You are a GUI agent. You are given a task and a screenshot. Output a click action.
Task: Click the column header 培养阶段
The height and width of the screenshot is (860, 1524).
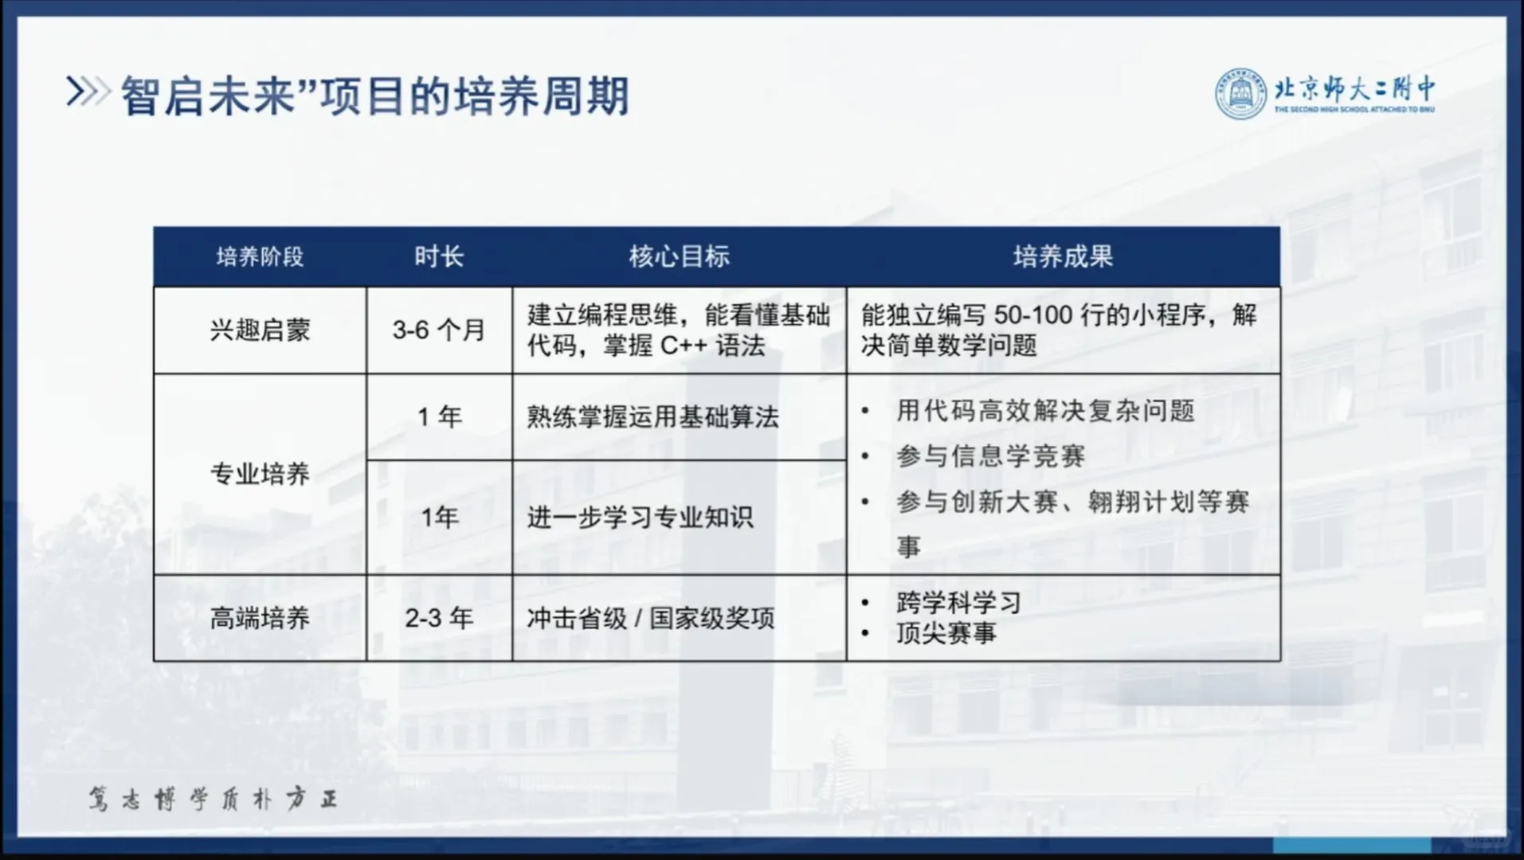[x=260, y=256]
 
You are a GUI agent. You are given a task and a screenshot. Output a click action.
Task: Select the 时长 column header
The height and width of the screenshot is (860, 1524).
[x=439, y=256]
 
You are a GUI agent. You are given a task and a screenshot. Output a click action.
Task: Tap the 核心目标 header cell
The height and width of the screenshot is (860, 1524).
[x=680, y=256]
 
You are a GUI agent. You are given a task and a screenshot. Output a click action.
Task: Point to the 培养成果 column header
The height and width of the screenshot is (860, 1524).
[x=1064, y=256]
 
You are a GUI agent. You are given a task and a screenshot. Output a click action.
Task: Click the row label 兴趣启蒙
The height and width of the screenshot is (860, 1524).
[x=260, y=330]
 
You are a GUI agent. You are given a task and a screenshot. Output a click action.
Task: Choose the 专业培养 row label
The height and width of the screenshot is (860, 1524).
[x=260, y=475]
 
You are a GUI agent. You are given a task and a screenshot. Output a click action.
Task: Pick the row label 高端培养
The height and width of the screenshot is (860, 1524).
[x=260, y=618]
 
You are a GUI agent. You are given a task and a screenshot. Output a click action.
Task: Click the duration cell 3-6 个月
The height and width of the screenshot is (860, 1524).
[x=439, y=330]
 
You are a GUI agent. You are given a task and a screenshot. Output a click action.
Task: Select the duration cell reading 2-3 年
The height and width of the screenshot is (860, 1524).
[x=439, y=618]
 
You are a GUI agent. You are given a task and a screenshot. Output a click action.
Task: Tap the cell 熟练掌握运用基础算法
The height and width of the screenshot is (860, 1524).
[x=652, y=416]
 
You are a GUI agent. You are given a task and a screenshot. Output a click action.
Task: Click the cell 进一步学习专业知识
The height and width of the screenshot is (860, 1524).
[x=640, y=518]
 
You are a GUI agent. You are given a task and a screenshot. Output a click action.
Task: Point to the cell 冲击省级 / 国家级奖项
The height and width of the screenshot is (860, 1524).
[x=650, y=618]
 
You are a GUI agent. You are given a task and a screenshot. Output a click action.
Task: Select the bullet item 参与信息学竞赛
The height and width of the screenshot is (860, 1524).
[x=990, y=456]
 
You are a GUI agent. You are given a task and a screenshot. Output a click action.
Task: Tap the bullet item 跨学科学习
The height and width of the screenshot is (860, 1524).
[x=958, y=603]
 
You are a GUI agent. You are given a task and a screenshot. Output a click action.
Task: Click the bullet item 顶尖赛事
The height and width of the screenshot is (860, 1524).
[x=946, y=633]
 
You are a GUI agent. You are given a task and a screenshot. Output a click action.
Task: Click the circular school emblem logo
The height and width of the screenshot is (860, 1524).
[x=1240, y=94]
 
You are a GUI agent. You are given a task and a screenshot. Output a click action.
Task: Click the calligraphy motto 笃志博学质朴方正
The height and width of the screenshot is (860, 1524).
[x=213, y=799]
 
